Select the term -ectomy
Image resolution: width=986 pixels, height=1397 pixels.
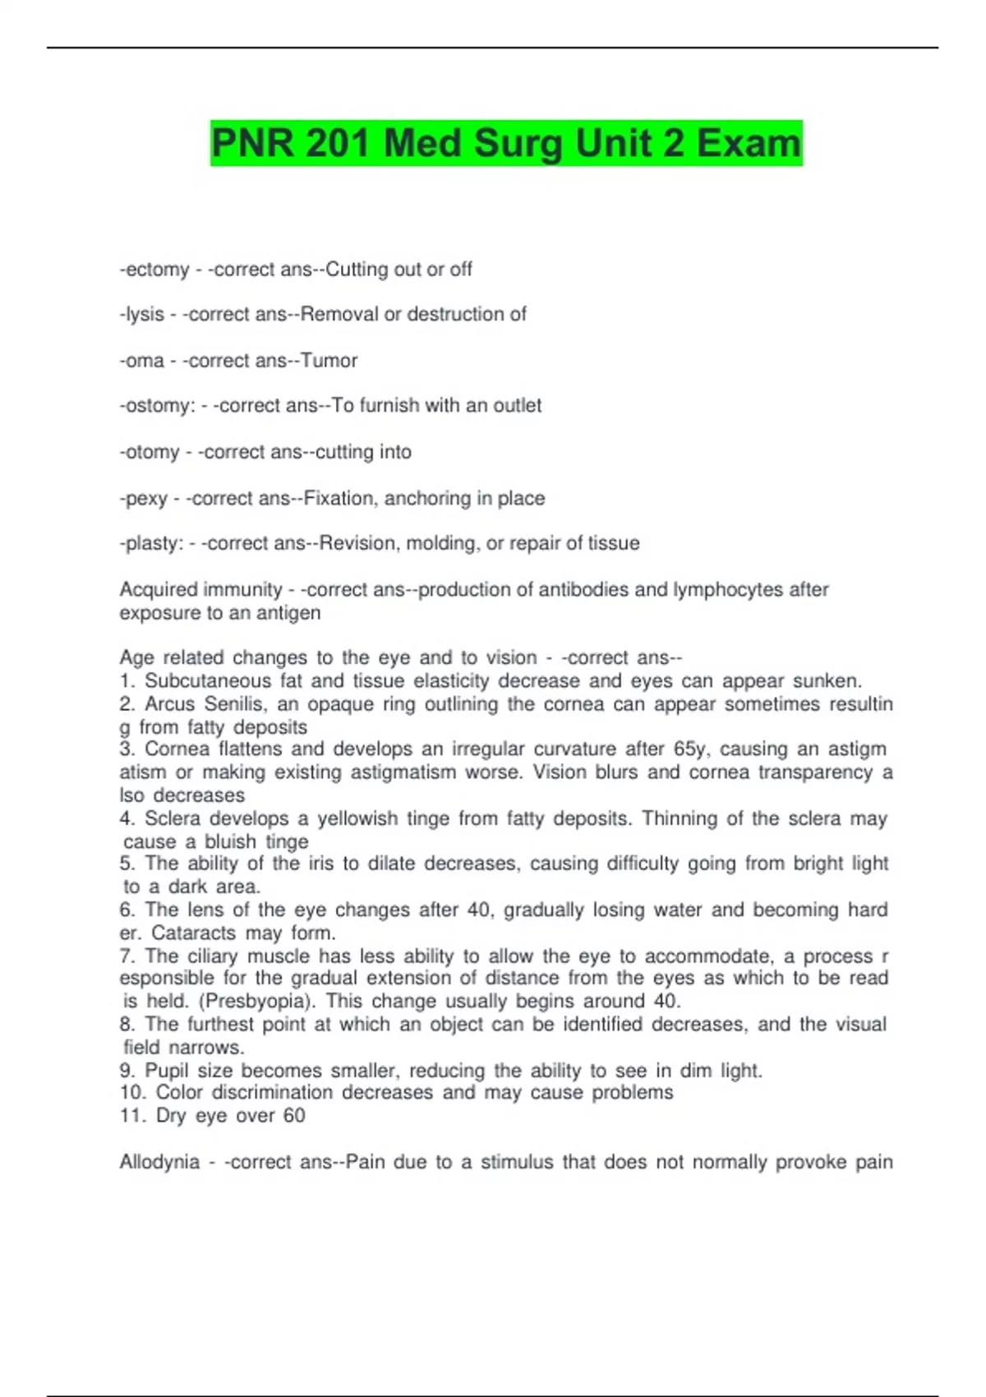(154, 270)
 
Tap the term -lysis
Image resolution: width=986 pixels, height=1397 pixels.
(142, 315)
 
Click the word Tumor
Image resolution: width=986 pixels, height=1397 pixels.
(329, 361)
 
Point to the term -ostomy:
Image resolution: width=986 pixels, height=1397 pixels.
(157, 406)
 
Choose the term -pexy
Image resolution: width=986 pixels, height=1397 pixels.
(144, 499)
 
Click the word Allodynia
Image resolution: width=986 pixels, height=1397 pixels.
(159, 1162)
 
